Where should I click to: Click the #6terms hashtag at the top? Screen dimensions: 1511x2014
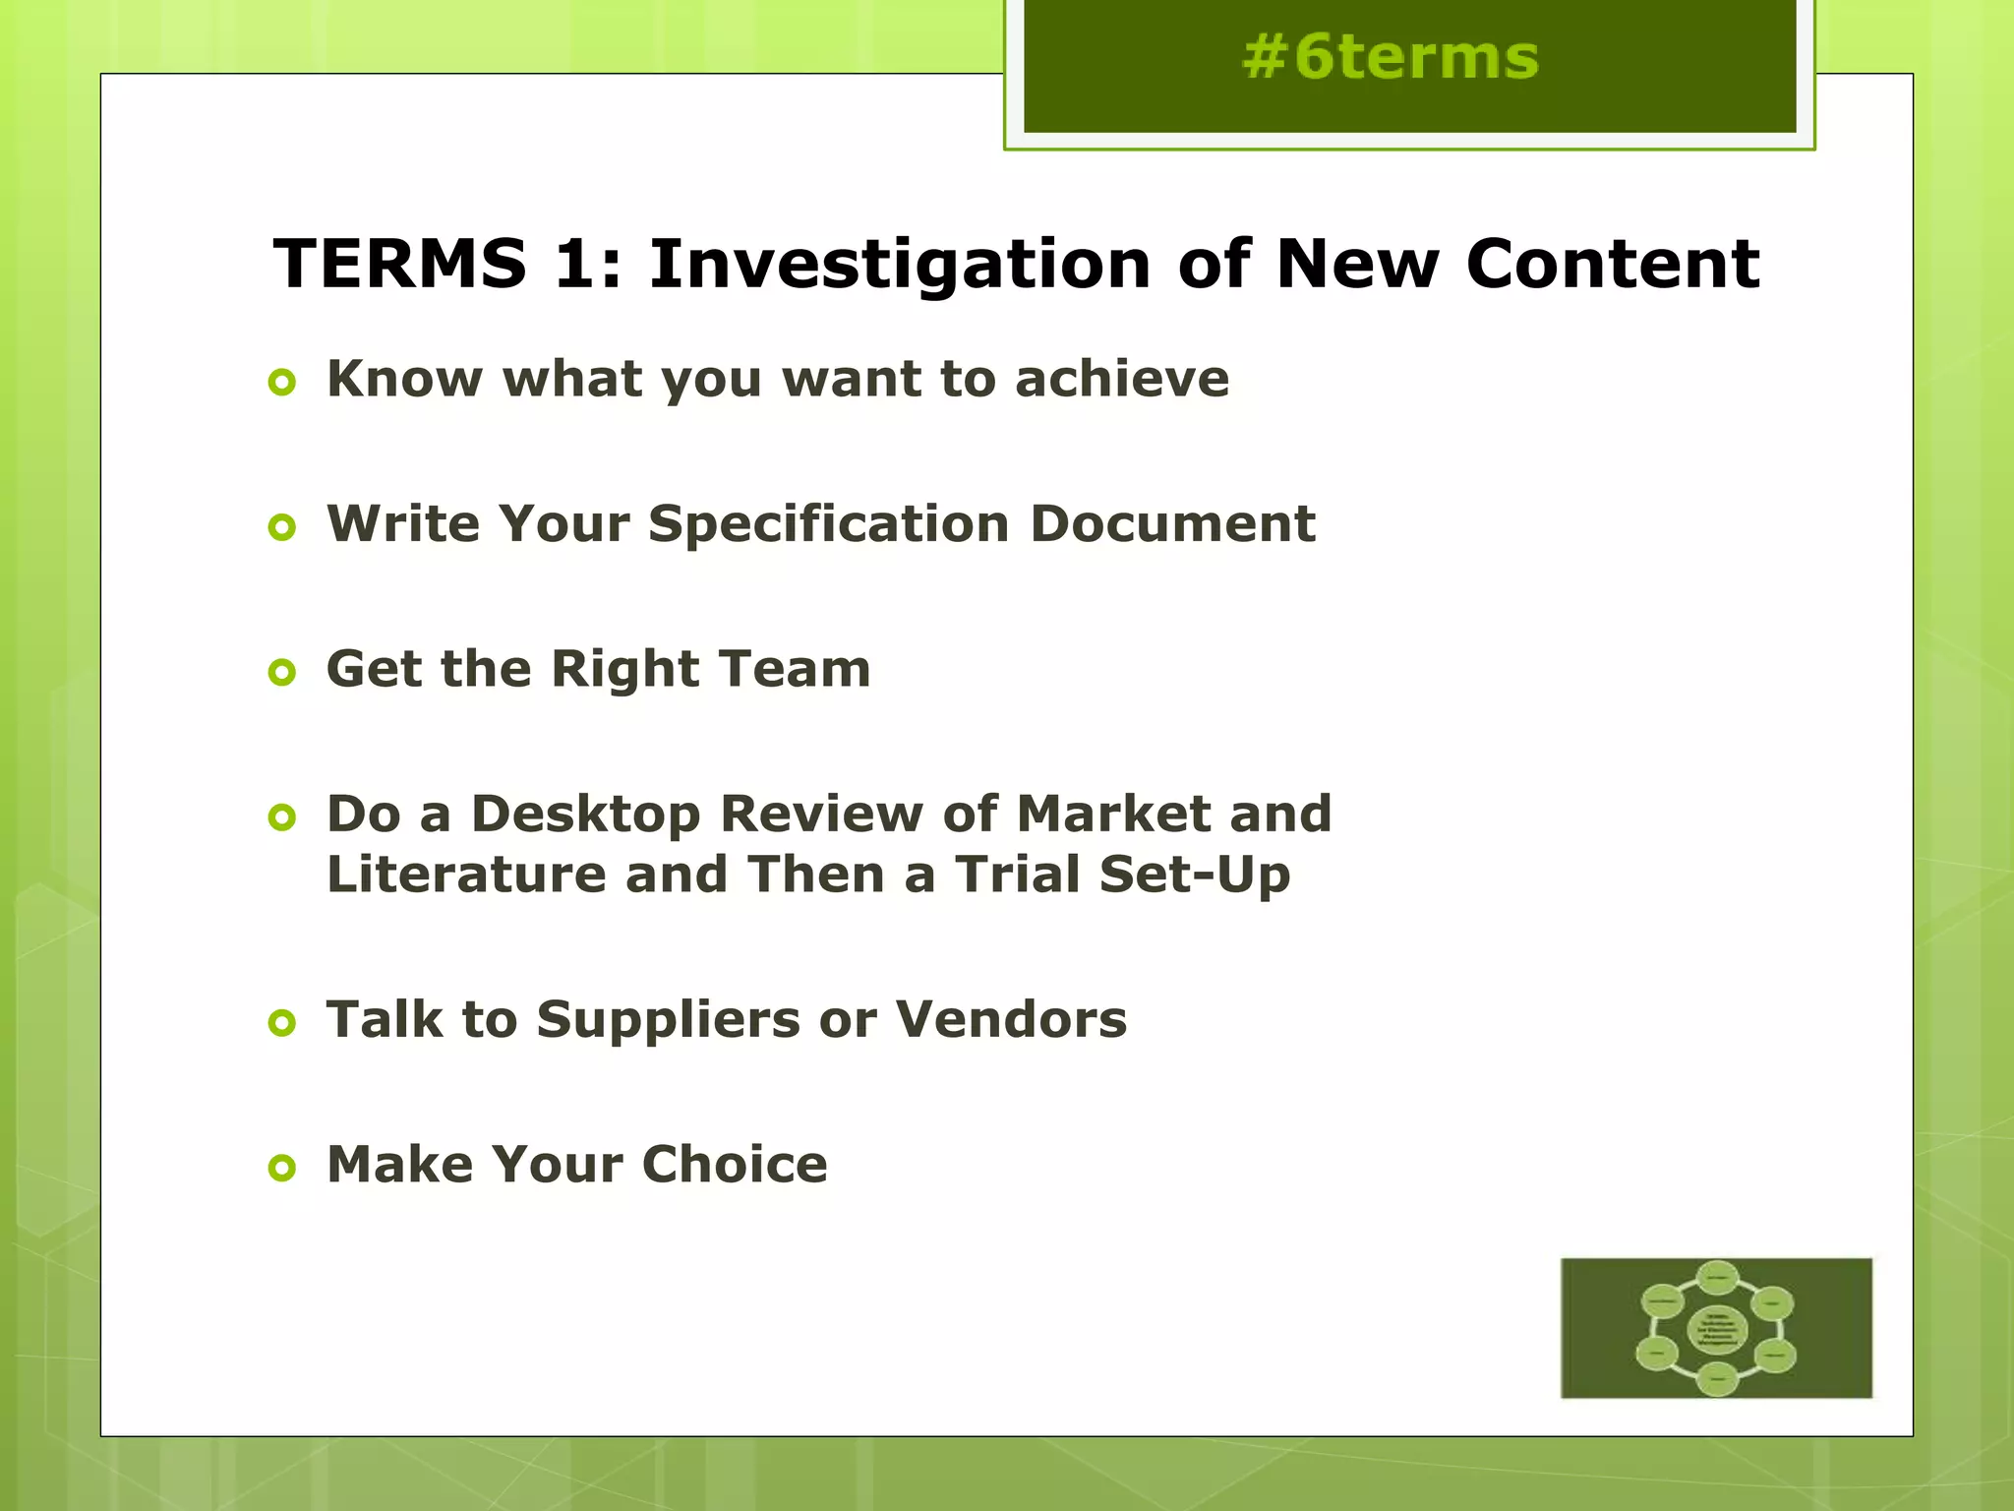1390,57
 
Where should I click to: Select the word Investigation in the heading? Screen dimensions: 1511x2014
900,266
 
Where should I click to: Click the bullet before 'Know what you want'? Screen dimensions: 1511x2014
281,382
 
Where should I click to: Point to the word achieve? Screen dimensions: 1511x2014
1122,379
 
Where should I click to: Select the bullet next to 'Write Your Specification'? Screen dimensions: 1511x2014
281,527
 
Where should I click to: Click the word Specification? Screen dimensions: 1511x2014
828,524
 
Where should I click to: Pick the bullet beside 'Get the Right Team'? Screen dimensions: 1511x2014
281,673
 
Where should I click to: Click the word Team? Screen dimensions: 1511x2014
795,669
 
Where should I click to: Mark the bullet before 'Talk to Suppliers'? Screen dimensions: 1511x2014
281,1023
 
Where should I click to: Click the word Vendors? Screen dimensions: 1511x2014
1011,1019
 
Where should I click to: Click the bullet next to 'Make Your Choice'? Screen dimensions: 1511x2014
281,1169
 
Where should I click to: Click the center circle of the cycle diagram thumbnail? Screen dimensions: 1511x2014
1716,1329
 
